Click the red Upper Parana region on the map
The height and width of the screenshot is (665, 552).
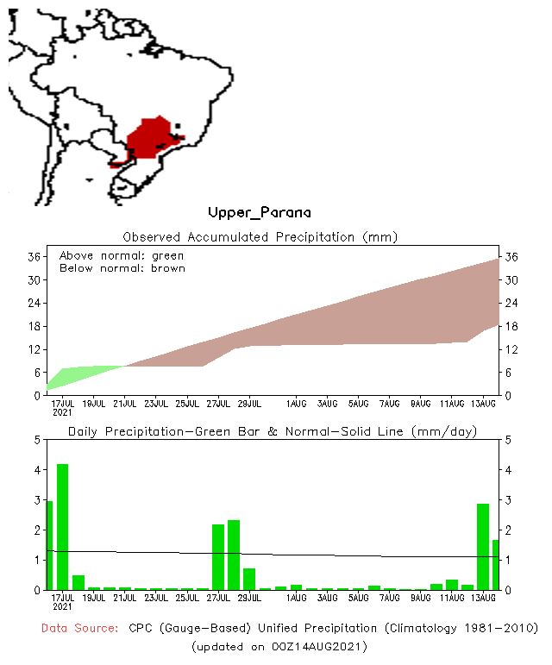[152, 138]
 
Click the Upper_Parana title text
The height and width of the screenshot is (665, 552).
[259, 212]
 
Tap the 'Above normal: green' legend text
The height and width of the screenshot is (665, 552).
[121, 256]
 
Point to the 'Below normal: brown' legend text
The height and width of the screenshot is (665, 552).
[122, 268]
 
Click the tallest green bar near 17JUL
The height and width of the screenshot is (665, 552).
[62, 526]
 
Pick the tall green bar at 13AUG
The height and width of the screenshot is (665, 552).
[483, 546]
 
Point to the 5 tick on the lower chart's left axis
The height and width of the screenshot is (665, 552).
[37, 439]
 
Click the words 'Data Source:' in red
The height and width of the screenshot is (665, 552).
[79, 628]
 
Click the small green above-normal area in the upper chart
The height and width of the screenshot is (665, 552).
[82, 373]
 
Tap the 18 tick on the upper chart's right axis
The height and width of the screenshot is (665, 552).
[510, 326]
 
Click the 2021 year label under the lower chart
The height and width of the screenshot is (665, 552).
[62, 607]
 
